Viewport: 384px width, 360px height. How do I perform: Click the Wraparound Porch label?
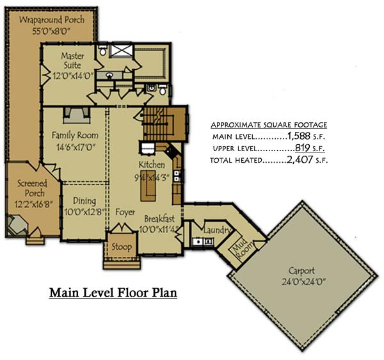point(51,20)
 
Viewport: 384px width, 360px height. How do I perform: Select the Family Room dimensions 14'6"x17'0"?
point(75,146)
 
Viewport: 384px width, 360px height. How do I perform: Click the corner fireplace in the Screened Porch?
point(17,225)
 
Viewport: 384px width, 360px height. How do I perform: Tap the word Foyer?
point(125,212)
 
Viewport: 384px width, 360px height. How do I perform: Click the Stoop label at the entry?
point(122,247)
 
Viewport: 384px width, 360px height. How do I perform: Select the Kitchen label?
point(152,165)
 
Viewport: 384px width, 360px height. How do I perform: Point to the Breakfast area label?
point(160,218)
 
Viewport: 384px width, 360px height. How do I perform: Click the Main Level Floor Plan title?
point(112,293)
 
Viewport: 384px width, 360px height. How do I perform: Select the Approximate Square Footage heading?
point(269,124)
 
